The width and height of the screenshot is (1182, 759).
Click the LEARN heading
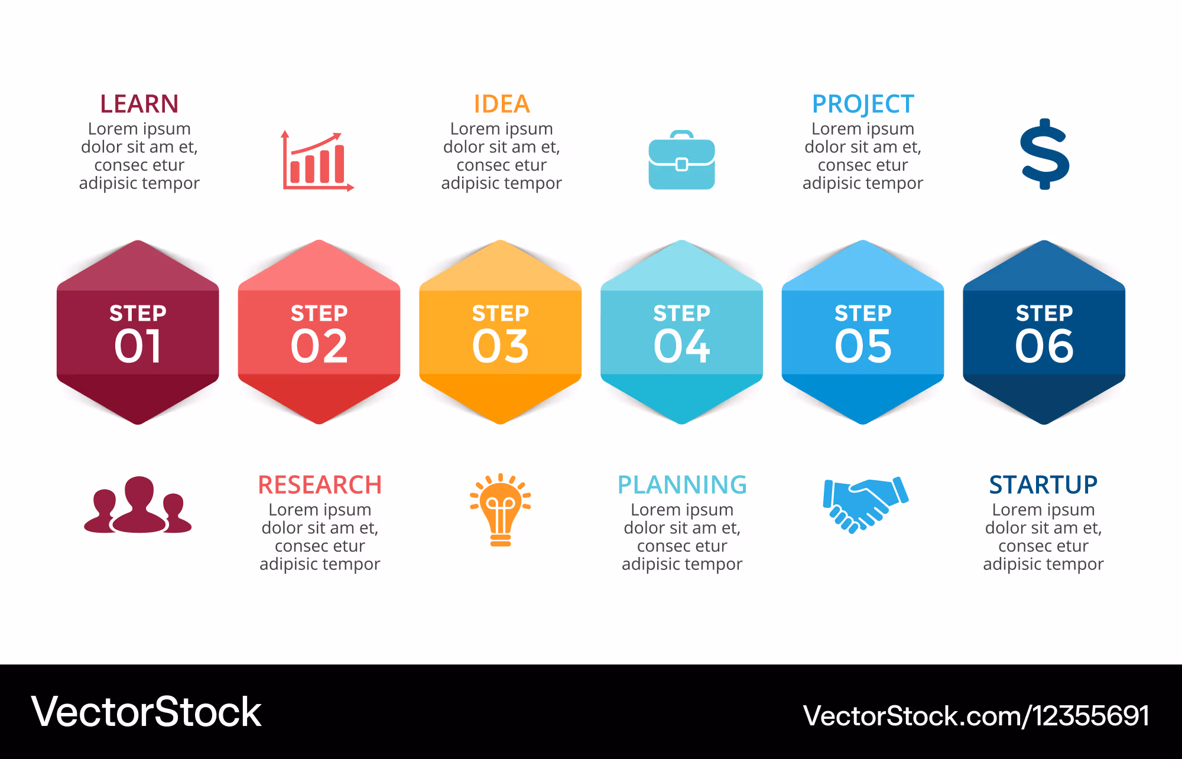(x=139, y=104)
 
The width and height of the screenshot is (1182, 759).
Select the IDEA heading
(x=502, y=104)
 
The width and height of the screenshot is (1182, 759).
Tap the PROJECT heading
(x=863, y=104)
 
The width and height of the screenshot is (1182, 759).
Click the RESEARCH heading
(x=320, y=485)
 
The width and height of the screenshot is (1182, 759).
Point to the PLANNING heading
(x=682, y=485)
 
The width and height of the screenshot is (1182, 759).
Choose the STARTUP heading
(x=1043, y=485)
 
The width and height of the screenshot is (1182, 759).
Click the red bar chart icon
(x=317, y=161)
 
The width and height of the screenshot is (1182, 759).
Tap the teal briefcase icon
(x=681, y=160)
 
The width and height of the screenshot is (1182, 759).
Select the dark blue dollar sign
(x=1045, y=154)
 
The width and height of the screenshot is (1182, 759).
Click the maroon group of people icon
(x=138, y=505)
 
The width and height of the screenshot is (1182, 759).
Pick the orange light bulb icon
(x=501, y=510)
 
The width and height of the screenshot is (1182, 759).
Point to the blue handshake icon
(x=865, y=504)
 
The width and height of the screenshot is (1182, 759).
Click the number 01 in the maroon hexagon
(x=138, y=346)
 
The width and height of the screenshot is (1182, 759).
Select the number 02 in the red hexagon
(x=319, y=346)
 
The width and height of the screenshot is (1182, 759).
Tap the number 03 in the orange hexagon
(x=501, y=346)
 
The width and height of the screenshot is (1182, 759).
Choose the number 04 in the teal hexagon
(x=681, y=346)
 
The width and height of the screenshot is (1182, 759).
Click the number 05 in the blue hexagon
(x=863, y=346)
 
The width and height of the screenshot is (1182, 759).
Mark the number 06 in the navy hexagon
(x=1044, y=346)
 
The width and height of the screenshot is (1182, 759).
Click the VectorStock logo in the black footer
(x=146, y=712)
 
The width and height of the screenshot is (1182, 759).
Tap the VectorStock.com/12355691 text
(x=976, y=716)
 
